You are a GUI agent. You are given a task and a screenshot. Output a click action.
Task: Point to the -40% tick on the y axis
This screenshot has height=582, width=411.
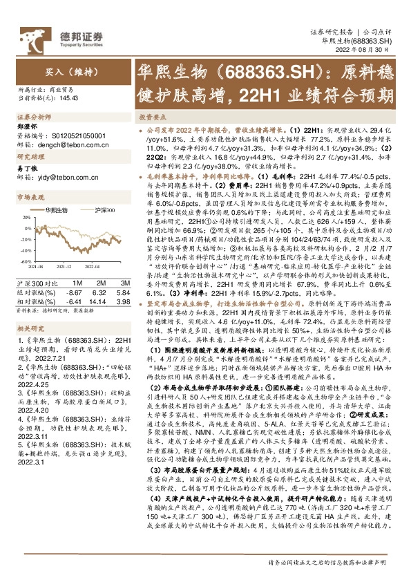25,251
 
